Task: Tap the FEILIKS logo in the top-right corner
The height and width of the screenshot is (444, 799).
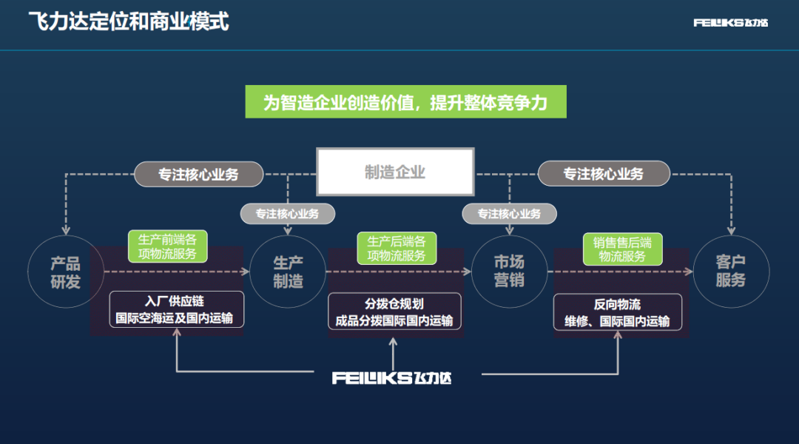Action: coord(730,23)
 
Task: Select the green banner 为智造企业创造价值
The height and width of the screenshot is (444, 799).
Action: coord(405,102)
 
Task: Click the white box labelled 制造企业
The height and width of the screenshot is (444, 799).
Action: coord(395,172)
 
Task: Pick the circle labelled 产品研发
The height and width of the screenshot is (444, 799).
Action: coord(65,272)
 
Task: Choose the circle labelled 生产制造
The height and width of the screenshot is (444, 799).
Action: coord(288,272)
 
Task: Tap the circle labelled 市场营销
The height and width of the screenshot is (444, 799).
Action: coord(509,272)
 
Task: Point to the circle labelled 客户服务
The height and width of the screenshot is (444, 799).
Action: coord(730,272)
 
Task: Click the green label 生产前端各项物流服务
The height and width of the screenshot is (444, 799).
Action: coord(167,247)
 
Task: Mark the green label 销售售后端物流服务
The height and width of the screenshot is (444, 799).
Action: coord(622,249)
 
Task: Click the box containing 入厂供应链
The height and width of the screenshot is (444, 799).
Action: coord(176,310)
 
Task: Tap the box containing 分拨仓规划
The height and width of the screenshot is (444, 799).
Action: coord(394,312)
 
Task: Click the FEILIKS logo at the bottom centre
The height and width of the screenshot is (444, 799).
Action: coord(391,378)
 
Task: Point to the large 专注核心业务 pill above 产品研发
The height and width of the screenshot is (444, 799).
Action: coord(199,175)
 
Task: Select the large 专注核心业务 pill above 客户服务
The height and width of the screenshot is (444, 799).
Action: coord(603,174)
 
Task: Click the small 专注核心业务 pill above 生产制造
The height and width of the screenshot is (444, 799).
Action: coord(287,214)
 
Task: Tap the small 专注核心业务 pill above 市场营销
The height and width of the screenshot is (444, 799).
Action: coord(509,214)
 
